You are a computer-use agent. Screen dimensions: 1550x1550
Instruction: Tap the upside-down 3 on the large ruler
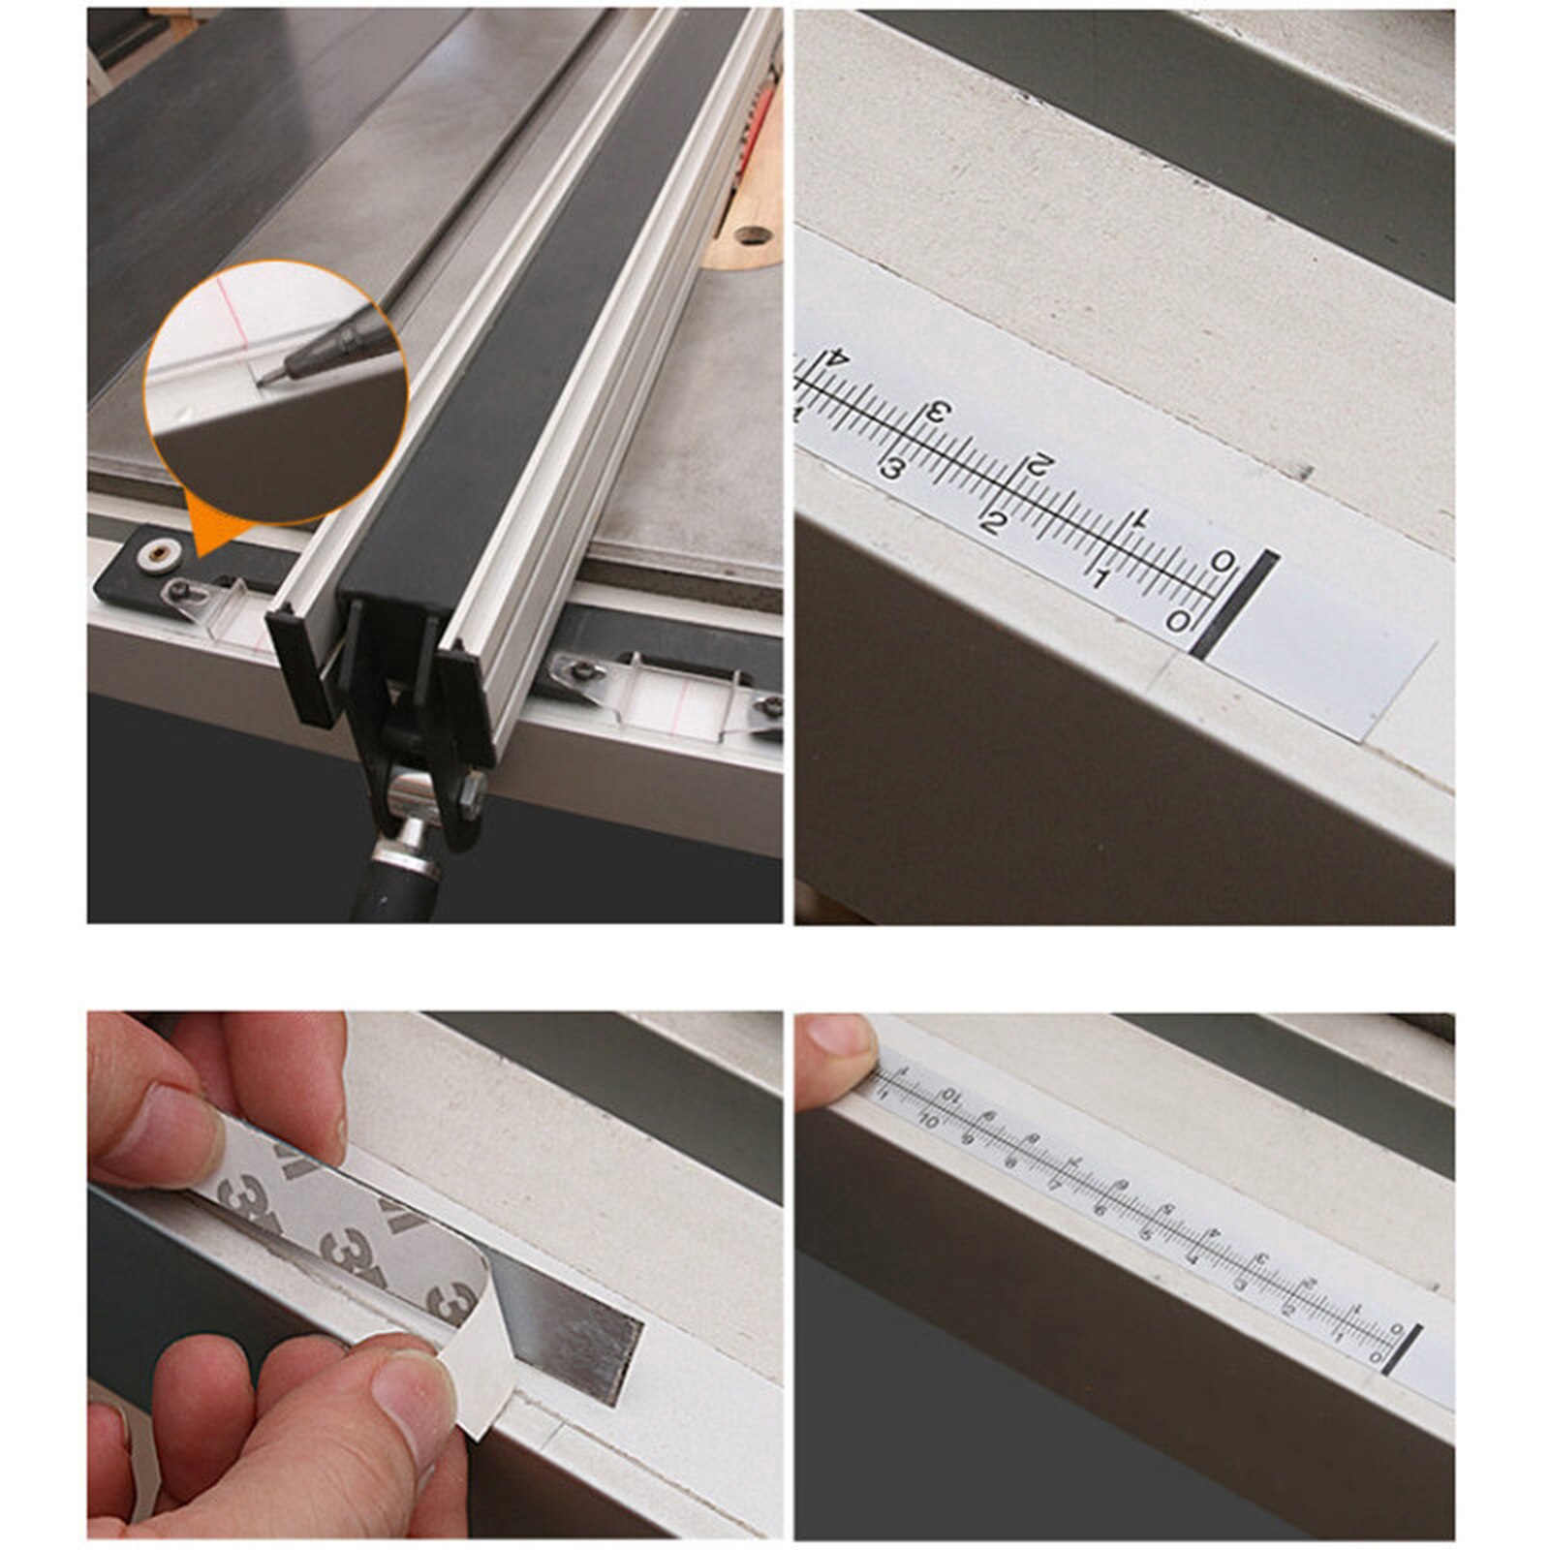pyautogui.click(x=937, y=413)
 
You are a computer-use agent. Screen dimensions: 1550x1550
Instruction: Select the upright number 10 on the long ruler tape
pyautogui.click(x=928, y=1122)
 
